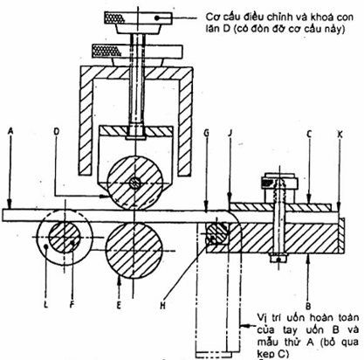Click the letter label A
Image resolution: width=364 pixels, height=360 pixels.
(x=10, y=131)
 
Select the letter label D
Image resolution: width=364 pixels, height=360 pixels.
(x=57, y=131)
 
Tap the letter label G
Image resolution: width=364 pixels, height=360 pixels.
(x=206, y=133)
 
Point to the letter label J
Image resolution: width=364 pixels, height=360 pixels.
(x=230, y=133)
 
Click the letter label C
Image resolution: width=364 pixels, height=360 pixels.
(x=309, y=134)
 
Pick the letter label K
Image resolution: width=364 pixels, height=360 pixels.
(x=340, y=134)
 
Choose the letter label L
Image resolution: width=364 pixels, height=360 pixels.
(x=45, y=305)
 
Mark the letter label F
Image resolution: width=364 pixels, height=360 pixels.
(x=72, y=305)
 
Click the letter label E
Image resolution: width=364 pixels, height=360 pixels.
(x=119, y=305)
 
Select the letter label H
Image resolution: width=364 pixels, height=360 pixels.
(x=162, y=306)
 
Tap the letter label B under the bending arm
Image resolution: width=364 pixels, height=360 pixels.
(x=308, y=306)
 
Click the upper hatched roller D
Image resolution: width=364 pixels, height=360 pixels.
(x=134, y=183)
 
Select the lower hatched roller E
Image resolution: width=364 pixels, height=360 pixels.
(x=134, y=250)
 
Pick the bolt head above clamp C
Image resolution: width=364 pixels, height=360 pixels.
(x=279, y=187)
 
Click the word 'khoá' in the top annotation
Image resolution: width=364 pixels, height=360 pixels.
(x=319, y=17)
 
